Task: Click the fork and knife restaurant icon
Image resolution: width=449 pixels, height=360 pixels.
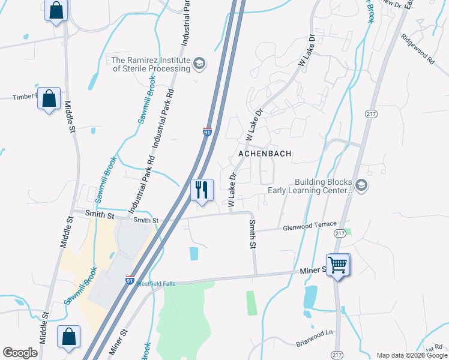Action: click(202, 190)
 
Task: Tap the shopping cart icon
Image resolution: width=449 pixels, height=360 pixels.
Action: click(338, 264)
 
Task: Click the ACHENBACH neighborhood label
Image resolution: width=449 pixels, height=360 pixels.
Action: click(265, 154)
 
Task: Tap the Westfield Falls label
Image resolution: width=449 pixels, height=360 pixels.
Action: click(155, 284)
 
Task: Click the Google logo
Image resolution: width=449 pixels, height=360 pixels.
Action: click(20, 353)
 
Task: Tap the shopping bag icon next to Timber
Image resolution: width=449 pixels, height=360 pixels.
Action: click(49, 98)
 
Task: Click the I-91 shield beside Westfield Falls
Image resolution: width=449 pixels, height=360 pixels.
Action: click(130, 279)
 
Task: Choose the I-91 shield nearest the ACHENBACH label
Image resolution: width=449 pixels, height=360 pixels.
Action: click(206, 131)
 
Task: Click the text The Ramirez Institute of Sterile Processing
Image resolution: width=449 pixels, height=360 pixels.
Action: click(151, 64)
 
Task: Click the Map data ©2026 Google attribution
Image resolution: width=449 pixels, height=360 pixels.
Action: click(412, 355)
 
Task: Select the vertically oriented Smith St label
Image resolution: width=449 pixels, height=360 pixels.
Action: click(253, 235)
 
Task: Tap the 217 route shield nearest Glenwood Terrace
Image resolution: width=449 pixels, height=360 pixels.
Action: click(340, 233)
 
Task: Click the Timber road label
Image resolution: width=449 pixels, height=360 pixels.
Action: click(25, 97)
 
